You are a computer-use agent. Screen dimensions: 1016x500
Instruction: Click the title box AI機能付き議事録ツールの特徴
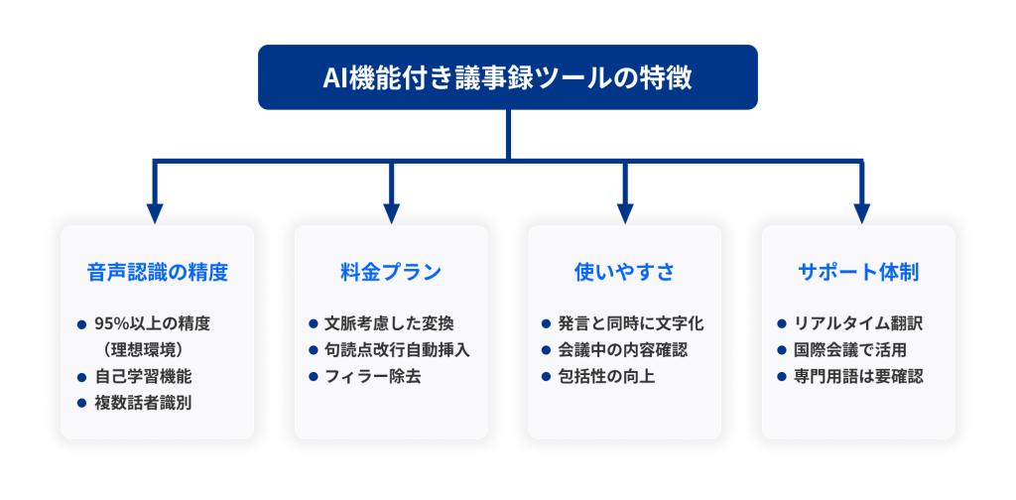[507, 77]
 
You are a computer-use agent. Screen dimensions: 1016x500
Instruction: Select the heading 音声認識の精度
[158, 273]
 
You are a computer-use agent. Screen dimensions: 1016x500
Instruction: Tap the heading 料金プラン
[391, 273]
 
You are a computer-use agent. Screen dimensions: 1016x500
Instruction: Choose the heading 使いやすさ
[625, 273]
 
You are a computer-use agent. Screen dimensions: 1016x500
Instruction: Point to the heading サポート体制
[858, 273]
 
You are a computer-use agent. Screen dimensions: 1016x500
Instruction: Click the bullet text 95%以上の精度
[152, 323]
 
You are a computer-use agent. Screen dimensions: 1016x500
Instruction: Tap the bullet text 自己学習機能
[143, 376]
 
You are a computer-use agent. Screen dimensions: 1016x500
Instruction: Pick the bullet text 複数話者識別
[143, 403]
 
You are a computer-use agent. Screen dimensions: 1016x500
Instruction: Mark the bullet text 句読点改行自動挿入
[397, 350]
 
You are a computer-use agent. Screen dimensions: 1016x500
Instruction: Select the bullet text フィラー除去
[373, 377]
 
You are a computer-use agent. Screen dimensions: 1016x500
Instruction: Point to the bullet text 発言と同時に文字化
[631, 323]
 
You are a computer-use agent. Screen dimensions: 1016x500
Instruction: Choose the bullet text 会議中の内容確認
[623, 350]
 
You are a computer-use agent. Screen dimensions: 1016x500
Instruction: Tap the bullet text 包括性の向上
[606, 377]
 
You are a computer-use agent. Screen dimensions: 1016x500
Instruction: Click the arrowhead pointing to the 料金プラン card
[391, 213]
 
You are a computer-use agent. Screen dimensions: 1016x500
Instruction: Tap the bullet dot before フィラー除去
[314, 377]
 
